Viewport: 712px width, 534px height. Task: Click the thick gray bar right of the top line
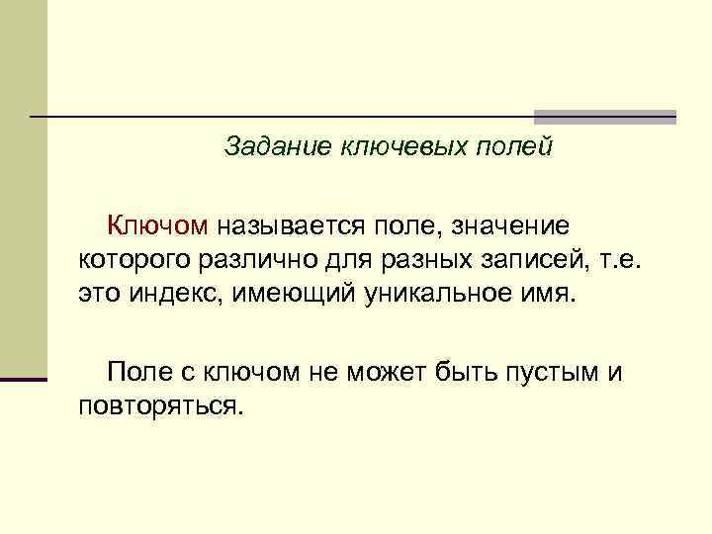click(604, 117)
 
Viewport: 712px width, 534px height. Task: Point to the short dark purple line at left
click(24, 379)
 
